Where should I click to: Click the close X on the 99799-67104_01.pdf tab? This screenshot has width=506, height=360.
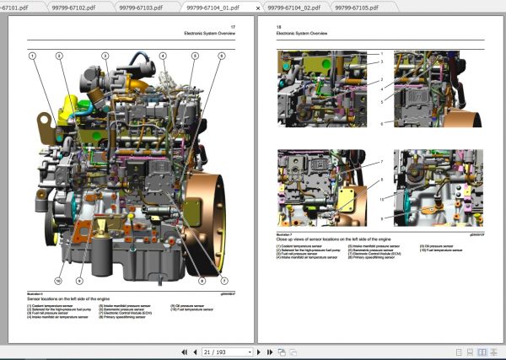(x=257, y=7)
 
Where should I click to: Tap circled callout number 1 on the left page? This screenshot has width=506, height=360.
(x=32, y=56)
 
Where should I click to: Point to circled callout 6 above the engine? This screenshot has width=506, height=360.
(x=222, y=56)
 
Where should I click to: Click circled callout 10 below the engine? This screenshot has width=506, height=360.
(x=58, y=280)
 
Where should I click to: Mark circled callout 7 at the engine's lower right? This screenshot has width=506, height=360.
(x=224, y=280)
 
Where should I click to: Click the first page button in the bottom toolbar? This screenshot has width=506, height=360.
(x=184, y=351)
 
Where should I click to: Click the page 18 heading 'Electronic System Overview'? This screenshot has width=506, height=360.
(x=302, y=33)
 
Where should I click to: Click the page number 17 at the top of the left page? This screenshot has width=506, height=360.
(x=233, y=27)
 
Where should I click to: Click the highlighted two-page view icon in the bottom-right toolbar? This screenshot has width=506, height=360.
(x=482, y=351)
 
